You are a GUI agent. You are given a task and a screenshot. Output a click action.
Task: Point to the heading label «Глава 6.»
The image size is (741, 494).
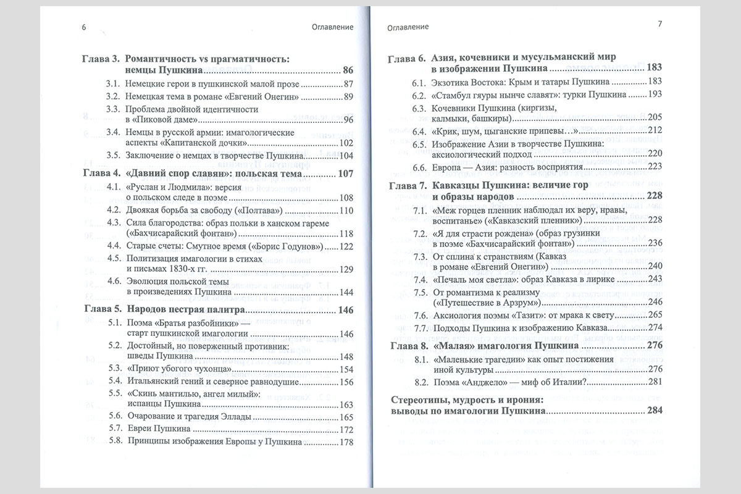tap(406, 60)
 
